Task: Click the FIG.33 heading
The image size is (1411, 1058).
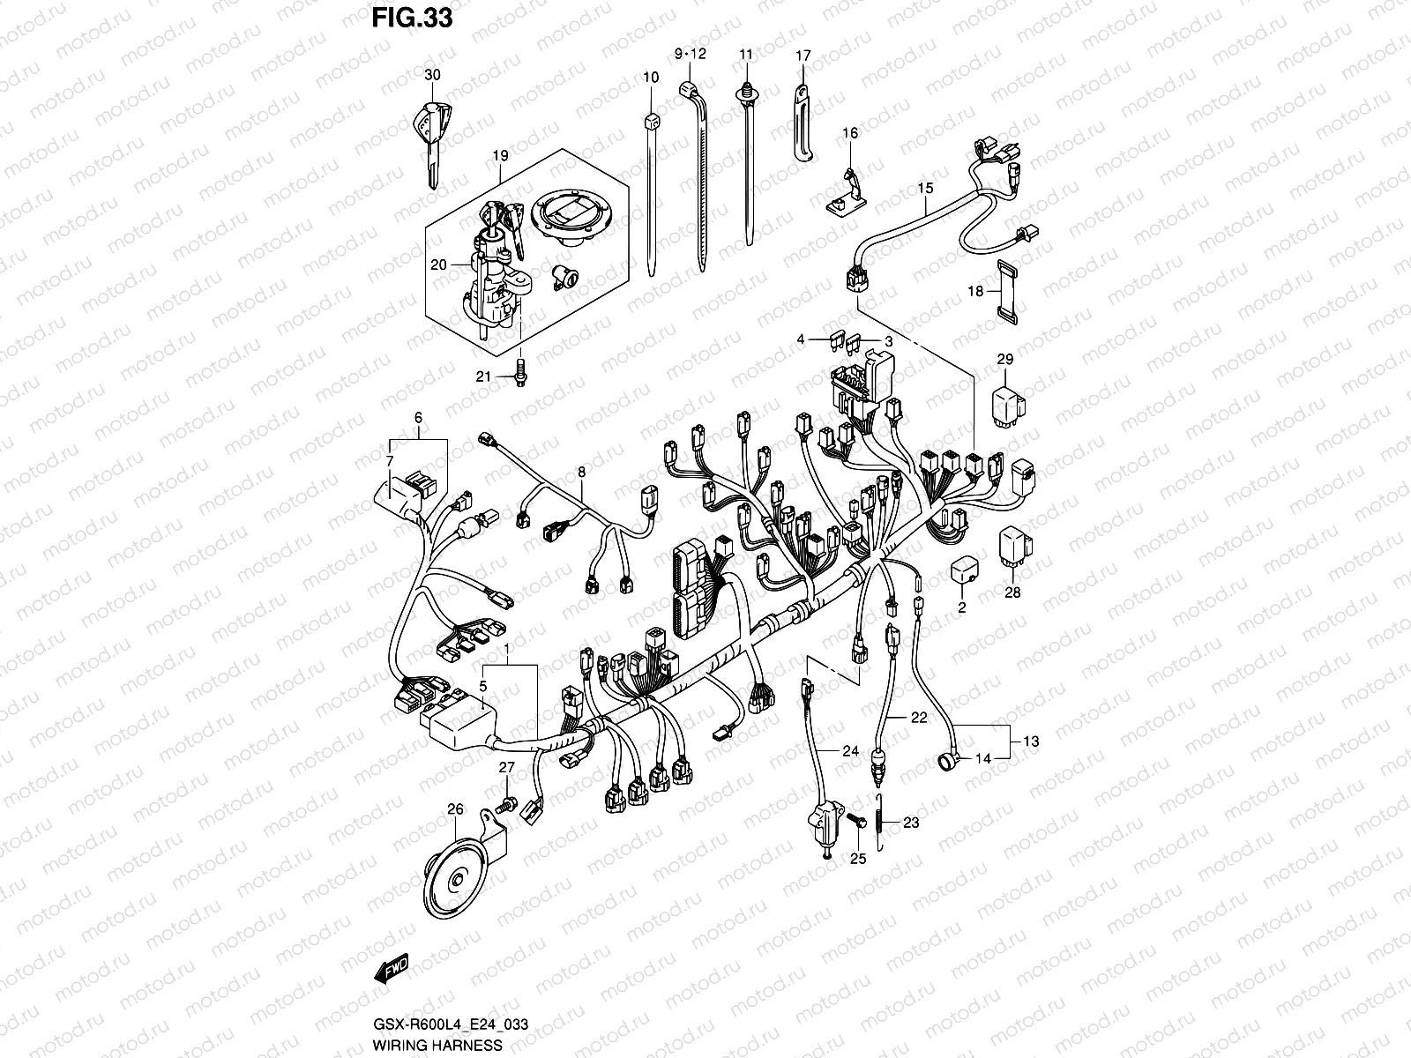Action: point(411,19)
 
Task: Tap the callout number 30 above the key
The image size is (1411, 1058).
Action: point(431,75)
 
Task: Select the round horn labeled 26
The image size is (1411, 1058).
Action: point(459,875)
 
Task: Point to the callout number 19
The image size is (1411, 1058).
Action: point(500,156)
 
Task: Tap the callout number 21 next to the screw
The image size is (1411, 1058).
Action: point(483,376)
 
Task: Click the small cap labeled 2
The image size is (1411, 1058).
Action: point(963,570)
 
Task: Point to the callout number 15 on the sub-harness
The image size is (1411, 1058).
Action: point(924,188)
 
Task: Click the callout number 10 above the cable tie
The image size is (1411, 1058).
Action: point(650,78)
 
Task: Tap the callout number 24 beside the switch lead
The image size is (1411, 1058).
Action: point(849,752)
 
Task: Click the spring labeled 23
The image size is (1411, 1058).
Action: point(881,822)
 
